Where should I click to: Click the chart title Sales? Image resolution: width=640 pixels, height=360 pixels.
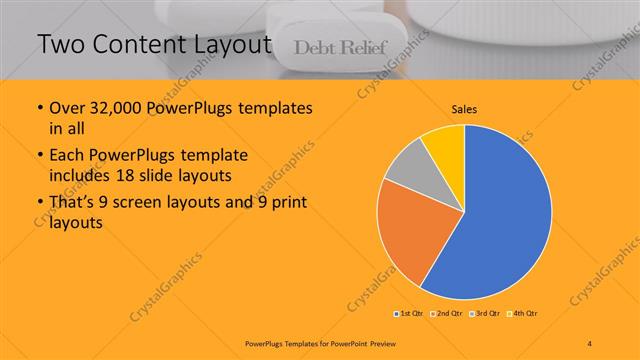click(x=465, y=108)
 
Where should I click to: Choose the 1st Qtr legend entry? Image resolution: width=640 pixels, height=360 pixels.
click(x=410, y=314)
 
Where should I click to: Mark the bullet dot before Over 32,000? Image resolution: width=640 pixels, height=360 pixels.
click(x=39, y=108)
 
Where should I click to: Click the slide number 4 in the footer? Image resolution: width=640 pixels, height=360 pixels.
click(x=591, y=343)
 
